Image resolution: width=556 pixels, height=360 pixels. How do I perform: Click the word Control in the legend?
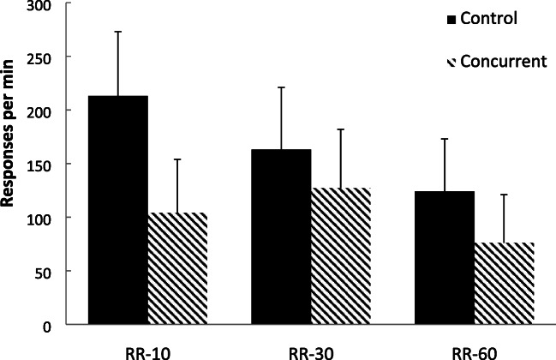[484, 18]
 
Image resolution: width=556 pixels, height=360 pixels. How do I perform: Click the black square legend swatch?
[451, 19]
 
